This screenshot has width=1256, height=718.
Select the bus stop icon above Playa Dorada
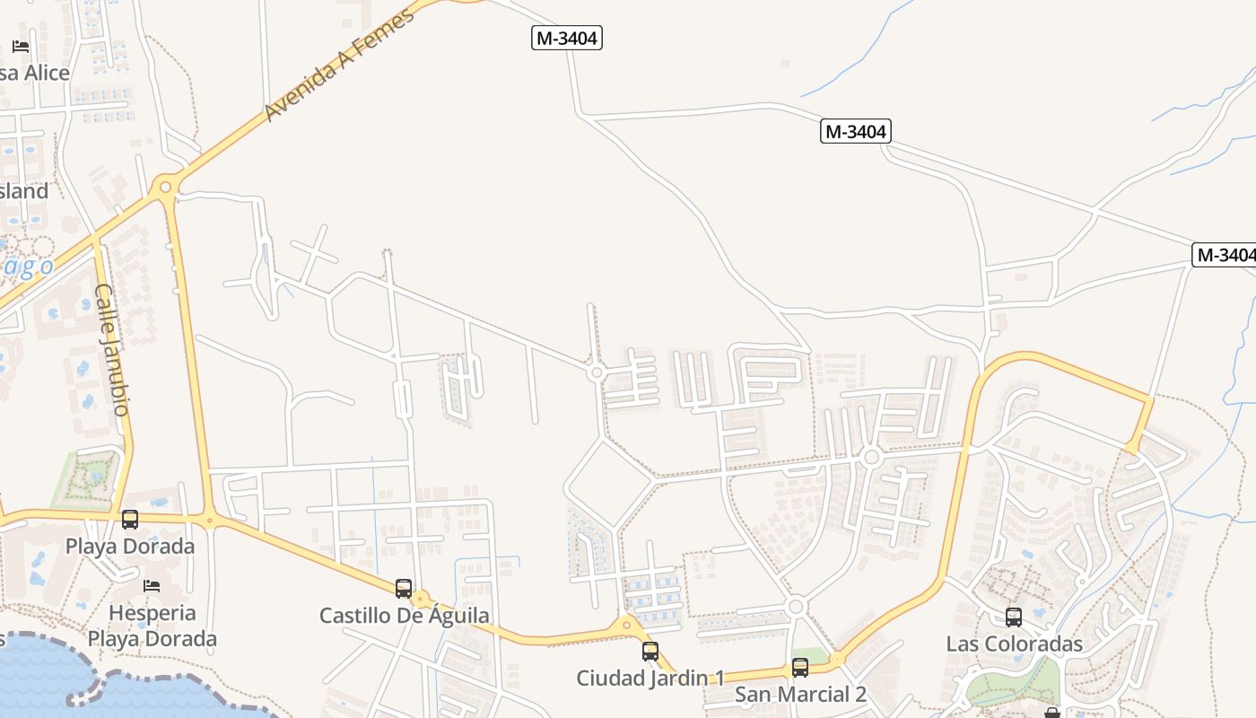[x=130, y=519]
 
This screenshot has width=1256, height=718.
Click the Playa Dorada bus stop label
[x=130, y=546]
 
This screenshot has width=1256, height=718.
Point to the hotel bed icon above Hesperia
[x=152, y=586]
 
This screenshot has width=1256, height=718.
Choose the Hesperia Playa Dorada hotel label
[x=153, y=626]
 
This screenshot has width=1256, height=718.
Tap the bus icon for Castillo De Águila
[x=404, y=589]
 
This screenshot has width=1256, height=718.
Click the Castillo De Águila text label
[x=405, y=616]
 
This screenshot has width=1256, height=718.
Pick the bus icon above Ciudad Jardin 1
[x=650, y=651]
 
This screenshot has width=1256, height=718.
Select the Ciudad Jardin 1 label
[x=650, y=678]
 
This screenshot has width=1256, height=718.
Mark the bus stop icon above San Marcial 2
[x=800, y=668]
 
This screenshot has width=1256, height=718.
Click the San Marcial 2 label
[x=800, y=694]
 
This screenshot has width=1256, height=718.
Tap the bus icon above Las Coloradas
[x=1014, y=617]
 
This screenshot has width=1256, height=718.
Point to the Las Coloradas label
[x=1014, y=644]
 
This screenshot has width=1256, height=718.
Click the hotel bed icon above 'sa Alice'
[x=21, y=46]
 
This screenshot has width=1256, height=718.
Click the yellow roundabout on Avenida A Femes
[x=164, y=188]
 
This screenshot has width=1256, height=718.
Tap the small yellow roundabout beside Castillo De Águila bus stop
[x=421, y=599]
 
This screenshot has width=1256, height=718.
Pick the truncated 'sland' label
[x=24, y=191]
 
